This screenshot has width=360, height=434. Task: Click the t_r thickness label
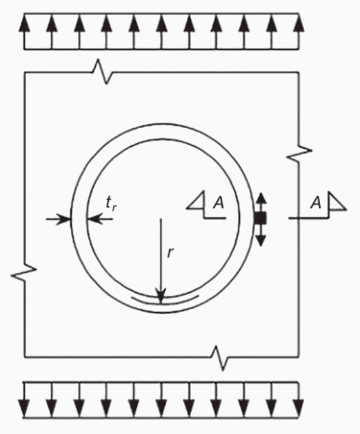112,204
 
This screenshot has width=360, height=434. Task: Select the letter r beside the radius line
171,252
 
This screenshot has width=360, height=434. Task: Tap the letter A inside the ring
219,203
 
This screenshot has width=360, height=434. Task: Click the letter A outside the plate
316,203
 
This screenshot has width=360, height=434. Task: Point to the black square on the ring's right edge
261,218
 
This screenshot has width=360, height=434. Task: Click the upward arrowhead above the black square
261,198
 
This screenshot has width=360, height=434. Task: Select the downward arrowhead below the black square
261,240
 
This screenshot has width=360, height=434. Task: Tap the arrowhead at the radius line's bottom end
161,296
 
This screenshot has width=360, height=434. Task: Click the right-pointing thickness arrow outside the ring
59,219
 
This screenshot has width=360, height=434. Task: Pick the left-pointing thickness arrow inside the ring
100,219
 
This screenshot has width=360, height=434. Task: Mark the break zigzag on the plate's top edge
103,72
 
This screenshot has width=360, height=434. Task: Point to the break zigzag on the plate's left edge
24,272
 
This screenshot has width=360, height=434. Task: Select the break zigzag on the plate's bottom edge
220,358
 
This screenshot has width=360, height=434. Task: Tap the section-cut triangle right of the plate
337,201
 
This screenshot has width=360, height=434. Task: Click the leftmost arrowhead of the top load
24,23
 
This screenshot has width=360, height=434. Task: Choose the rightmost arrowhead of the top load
299,23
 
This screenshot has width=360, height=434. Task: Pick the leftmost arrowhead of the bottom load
24,408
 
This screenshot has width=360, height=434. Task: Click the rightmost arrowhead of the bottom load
298,408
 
